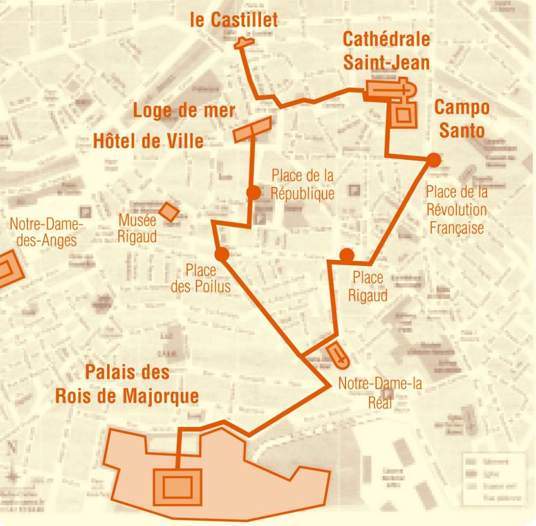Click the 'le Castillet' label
234,20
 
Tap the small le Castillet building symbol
243,43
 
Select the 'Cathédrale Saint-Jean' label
386,50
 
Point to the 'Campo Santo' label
462,119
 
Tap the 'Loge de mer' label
184,110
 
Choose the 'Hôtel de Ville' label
148,141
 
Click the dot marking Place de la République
253,193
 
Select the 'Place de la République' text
303,184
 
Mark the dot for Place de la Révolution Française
434,160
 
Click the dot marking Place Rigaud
347,255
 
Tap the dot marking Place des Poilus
222,255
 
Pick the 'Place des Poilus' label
200,278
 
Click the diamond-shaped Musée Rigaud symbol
169,211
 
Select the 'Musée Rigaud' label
137,229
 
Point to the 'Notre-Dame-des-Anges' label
46,232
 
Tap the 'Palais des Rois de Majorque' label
127,384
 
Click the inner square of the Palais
177,487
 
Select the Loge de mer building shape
252,129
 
